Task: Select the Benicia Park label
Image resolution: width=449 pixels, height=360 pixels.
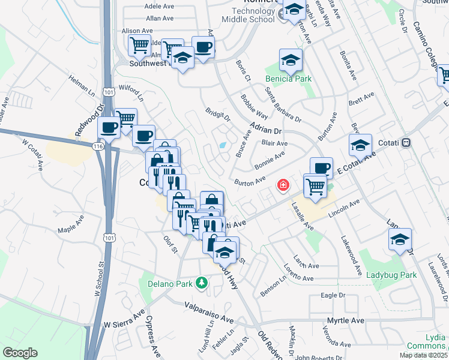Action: [290, 78]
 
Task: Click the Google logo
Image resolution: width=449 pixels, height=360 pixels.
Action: [20, 352]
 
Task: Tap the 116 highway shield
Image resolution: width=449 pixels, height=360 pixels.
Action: [97, 146]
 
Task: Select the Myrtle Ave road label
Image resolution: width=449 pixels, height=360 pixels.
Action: [345, 320]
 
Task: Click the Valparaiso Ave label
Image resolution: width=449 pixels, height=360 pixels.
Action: [208, 305]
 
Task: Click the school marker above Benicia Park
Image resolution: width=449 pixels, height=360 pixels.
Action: [291, 60]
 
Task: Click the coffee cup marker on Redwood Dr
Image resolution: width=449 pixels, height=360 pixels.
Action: [110, 127]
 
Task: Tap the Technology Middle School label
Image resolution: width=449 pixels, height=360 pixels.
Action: [250, 14]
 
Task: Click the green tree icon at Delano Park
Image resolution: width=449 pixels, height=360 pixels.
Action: [202, 282]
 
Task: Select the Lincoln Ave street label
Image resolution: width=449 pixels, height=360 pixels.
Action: [345, 209]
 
